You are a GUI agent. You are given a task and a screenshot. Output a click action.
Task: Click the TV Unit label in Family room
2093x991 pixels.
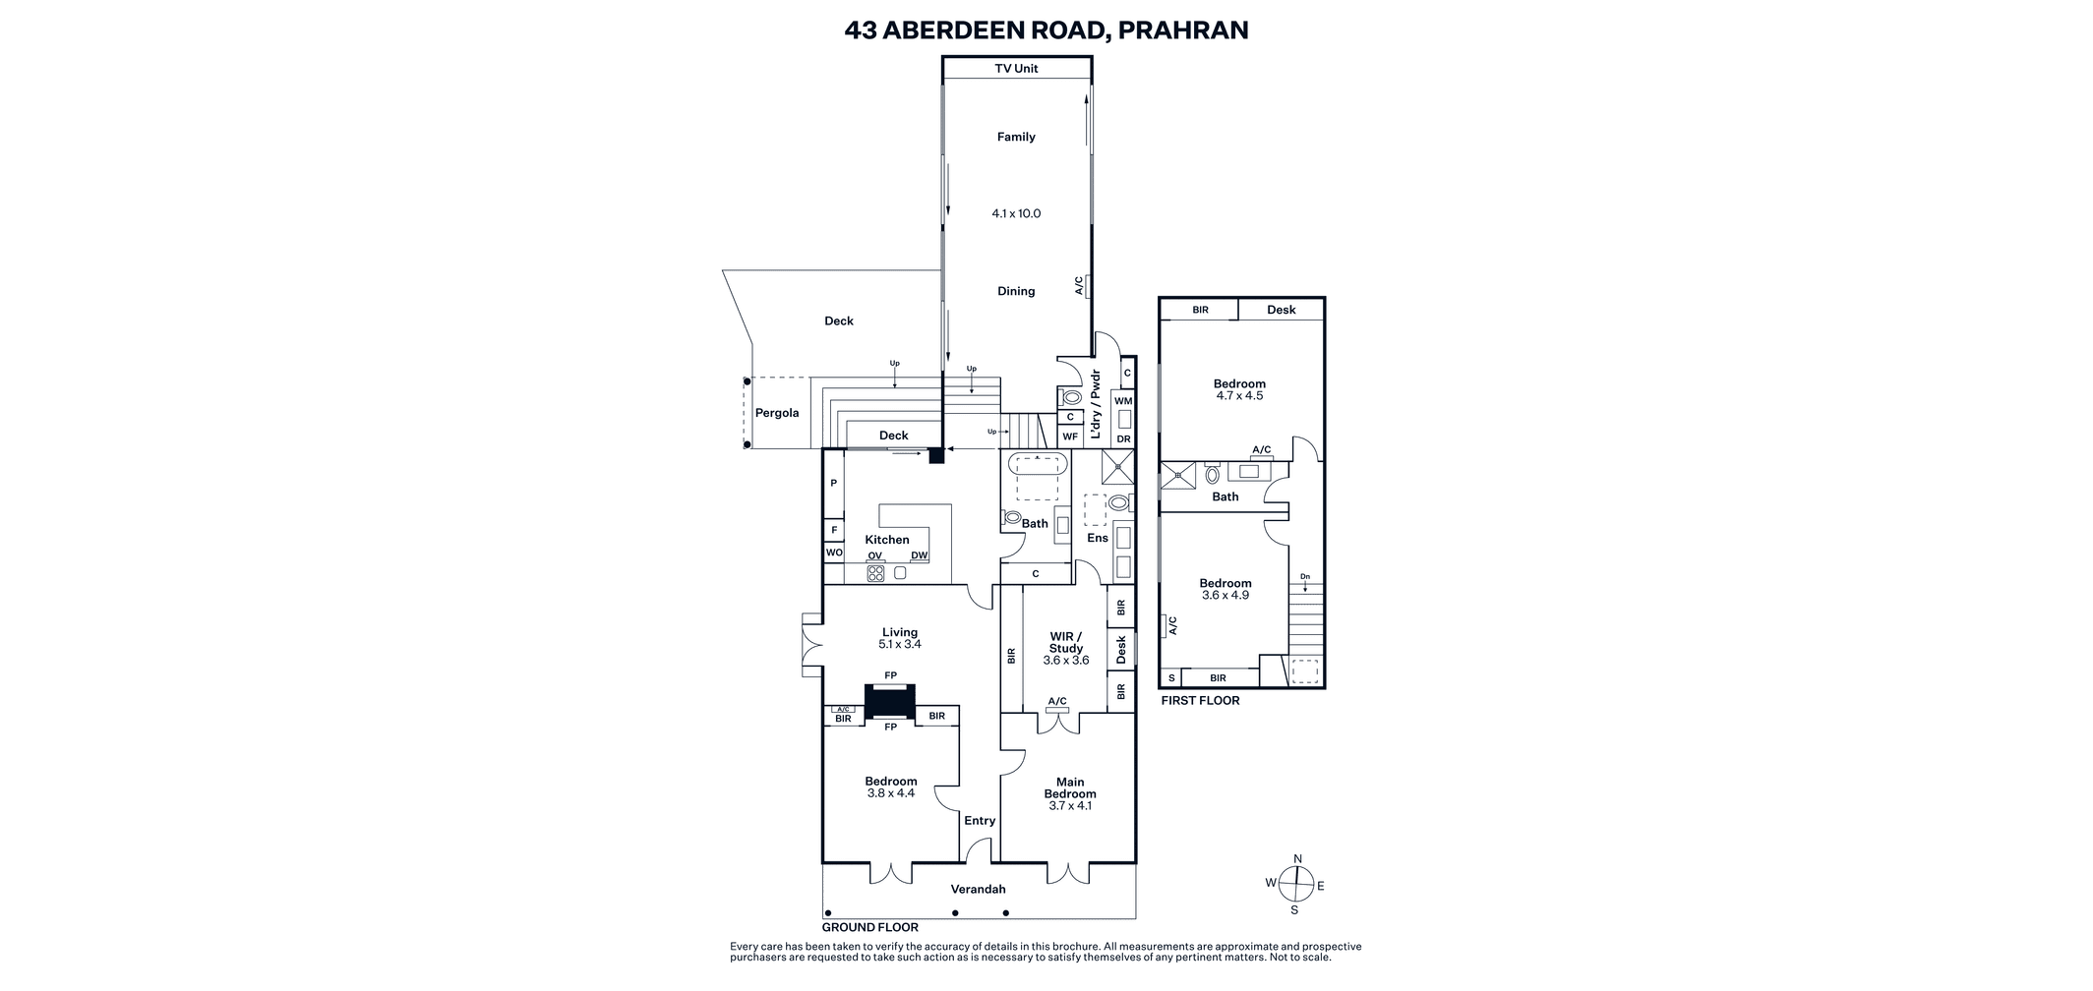(x=1016, y=68)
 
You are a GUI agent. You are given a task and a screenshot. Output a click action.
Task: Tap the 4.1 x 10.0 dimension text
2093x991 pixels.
(x=1016, y=213)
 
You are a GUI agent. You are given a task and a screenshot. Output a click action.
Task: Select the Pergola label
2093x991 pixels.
(x=777, y=413)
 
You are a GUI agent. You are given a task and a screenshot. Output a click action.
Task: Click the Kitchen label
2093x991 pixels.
(x=887, y=540)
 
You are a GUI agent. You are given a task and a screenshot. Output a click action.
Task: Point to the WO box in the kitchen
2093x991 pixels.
(x=834, y=553)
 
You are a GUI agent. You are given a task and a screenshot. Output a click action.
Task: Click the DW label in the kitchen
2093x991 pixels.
(x=919, y=555)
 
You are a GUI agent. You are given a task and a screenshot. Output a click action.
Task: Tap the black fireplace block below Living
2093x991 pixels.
(x=890, y=701)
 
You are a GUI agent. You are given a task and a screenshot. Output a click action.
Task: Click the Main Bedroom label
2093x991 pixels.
(x=1070, y=788)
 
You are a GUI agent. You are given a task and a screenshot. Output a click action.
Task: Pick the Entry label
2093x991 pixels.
(x=980, y=821)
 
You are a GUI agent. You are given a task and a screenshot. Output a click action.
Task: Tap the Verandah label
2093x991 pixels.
(x=978, y=890)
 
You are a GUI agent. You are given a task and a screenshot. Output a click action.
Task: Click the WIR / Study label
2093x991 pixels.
(x=1066, y=642)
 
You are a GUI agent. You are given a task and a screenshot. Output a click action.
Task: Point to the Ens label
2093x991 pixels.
(x=1098, y=538)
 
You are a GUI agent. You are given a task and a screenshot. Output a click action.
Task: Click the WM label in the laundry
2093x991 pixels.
(x=1123, y=401)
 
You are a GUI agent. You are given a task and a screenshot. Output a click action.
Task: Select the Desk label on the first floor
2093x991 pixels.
(x=1282, y=310)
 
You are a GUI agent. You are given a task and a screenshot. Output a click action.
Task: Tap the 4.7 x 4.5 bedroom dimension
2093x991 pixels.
(x=1239, y=396)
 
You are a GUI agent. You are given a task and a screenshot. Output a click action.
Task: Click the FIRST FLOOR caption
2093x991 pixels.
(x=1200, y=701)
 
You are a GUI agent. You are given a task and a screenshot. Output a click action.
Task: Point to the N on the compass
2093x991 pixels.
(x=1297, y=859)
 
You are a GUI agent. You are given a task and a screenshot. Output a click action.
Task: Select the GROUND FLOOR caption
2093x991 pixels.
(x=870, y=928)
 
